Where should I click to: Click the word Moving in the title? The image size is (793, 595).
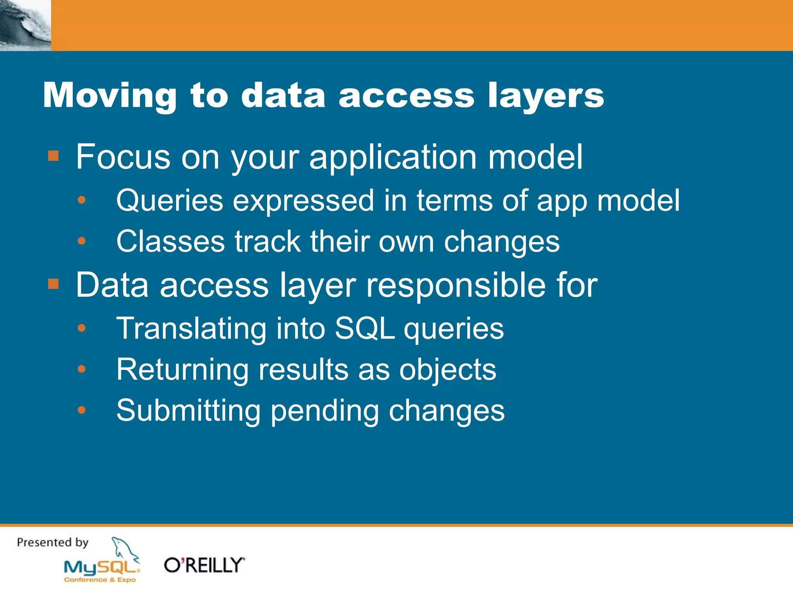click(x=110, y=95)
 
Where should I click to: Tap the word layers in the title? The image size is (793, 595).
click(x=546, y=95)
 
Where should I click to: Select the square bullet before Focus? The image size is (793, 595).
click(x=53, y=156)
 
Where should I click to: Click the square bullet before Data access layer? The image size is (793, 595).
click(x=53, y=284)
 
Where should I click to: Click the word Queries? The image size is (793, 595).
click(x=170, y=201)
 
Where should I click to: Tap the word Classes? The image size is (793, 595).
click(x=170, y=241)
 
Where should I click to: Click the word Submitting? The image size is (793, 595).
click(x=188, y=410)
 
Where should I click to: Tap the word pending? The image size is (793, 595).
click(x=324, y=411)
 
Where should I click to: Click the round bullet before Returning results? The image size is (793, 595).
click(x=81, y=370)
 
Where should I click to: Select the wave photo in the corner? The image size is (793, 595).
click(x=25, y=25)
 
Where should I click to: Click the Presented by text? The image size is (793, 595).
click(x=53, y=542)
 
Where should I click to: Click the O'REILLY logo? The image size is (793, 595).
click(x=204, y=565)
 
